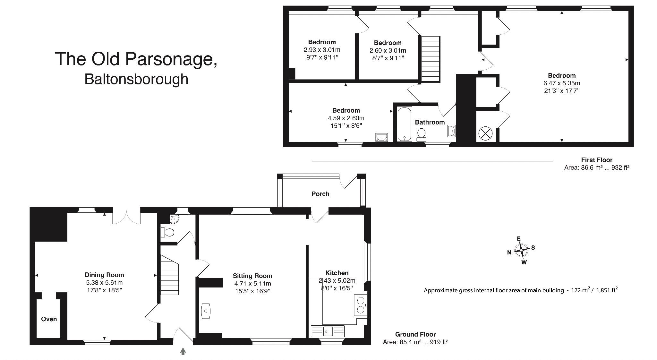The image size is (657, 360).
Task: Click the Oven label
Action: click(49, 319)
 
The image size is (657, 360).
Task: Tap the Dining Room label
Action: click(104, 275)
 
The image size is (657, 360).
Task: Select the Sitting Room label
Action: click(252, 276)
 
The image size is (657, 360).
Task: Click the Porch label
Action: click(320, 194)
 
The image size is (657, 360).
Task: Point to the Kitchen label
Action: click(337, 273)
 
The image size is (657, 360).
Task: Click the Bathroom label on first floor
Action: click(430, 122)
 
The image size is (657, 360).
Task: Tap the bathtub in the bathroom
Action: click(404, 124)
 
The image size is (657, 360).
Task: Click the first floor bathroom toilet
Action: click(421, 134)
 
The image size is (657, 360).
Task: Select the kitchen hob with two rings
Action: click(361, 305)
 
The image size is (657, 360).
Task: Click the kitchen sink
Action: click(328, 331)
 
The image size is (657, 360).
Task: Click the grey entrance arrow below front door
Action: click(183, 351)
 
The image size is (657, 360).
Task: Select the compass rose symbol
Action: click(521, 250)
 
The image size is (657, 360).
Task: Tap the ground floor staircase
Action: click(169, 275)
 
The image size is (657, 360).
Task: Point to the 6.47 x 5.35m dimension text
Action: click(561, 83)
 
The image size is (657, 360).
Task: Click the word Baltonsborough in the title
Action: click(136, 79)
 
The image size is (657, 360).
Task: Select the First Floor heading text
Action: click(596, 160)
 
